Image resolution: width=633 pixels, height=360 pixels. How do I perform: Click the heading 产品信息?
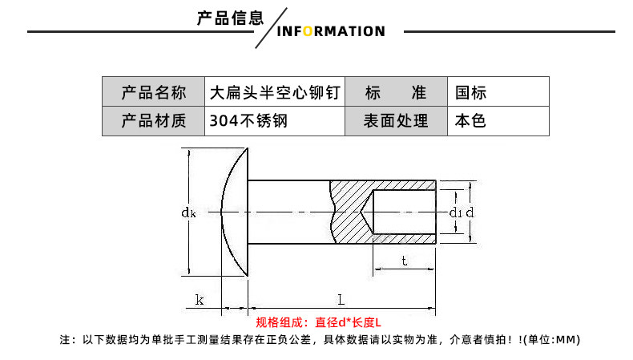coord(230,18)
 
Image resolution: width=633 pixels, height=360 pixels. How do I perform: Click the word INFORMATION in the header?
coord(330,31)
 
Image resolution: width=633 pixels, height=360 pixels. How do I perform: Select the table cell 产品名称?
coord(153,92)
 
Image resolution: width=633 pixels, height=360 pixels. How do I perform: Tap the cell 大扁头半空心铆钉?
coord(275,92)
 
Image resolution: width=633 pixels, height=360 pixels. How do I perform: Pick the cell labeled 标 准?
coord(395,92)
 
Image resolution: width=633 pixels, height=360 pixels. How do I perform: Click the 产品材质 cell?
coord(153,121)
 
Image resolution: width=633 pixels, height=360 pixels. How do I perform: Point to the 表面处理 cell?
coord(395,121)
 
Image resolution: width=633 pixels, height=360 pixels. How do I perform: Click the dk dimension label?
coord(188,212)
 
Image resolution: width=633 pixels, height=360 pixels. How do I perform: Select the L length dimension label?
coord(341,300)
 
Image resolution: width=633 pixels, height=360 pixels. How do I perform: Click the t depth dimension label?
coord(404,260)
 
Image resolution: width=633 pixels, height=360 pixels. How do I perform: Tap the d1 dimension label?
coord(454,212)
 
